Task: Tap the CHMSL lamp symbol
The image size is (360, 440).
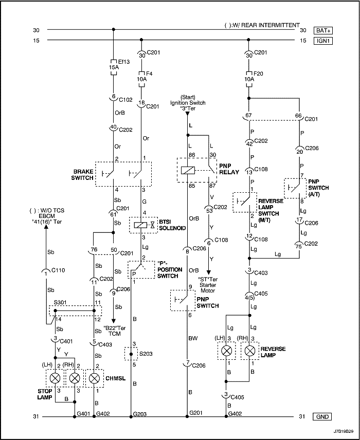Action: click(94, 378)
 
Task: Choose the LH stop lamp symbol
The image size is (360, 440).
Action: click(55, 378)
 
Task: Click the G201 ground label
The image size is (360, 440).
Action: click(196, 413)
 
